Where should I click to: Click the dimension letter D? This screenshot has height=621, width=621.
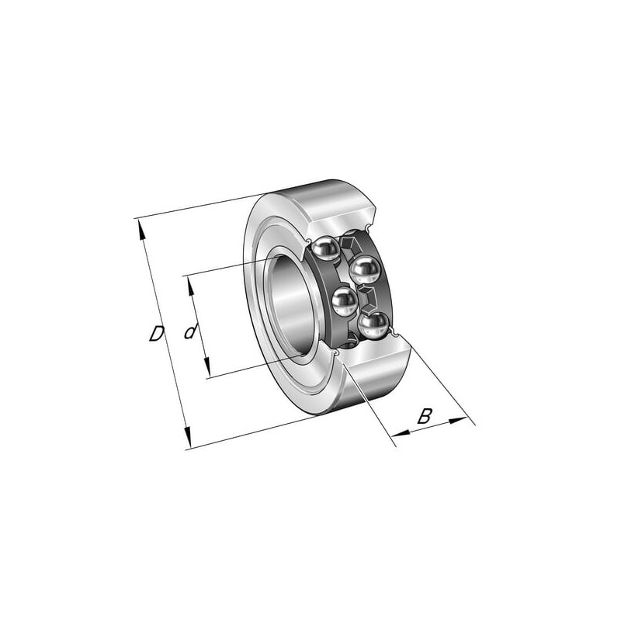157,334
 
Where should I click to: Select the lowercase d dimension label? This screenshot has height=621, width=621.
191,331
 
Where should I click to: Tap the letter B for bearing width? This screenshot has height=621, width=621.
425,416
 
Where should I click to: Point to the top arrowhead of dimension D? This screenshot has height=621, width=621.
141,230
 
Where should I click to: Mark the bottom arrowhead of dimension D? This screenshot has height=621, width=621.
188,438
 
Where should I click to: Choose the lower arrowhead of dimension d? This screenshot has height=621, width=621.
206,367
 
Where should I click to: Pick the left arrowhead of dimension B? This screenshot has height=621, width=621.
401,433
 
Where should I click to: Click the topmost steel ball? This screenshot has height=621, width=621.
325,248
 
